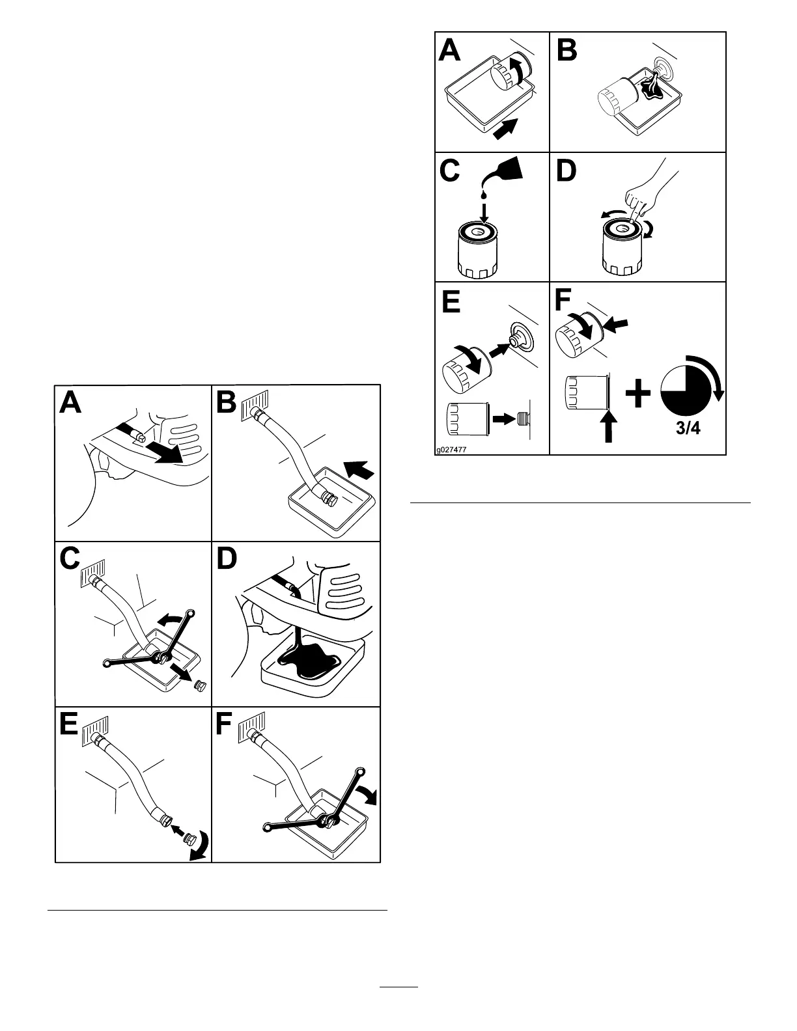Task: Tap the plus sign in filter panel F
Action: click(x=638, y=394)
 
